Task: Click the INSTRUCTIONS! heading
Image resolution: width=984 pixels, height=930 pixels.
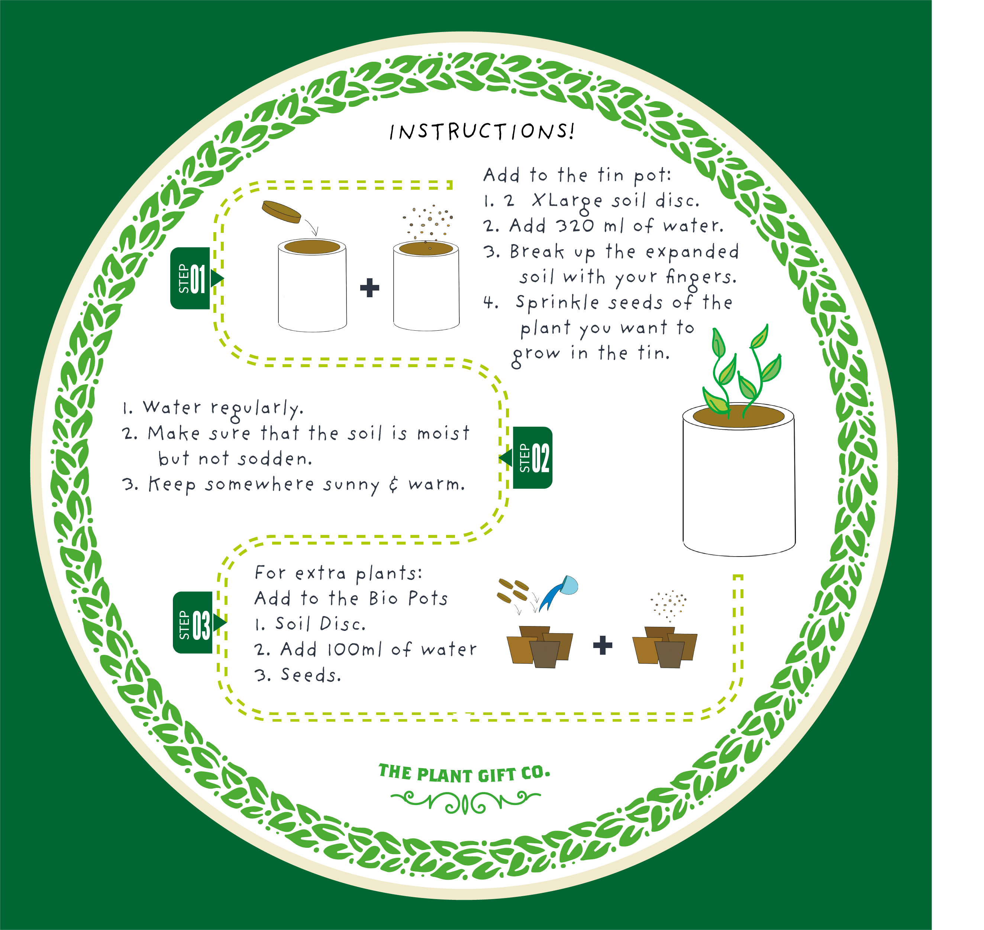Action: [482, 132]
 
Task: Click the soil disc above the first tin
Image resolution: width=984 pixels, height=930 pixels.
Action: [281, 212]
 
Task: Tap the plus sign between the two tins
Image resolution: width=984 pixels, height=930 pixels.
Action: [370, 288]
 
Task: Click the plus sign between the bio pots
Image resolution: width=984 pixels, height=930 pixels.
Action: [603, 645]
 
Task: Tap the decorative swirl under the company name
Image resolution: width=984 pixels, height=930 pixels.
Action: [466, 803]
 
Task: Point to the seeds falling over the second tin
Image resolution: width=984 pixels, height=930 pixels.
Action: [428, 221]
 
